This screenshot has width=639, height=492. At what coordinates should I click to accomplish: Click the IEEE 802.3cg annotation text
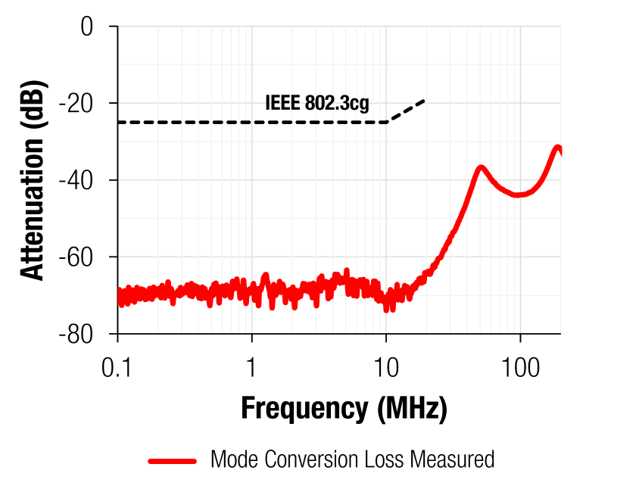317,103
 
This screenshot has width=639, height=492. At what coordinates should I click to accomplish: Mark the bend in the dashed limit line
387,122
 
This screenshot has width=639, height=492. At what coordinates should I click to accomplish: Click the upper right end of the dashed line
424,100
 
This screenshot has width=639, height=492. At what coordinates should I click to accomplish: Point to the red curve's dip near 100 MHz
519,195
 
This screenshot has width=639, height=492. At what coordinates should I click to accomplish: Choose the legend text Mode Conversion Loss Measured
352,459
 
